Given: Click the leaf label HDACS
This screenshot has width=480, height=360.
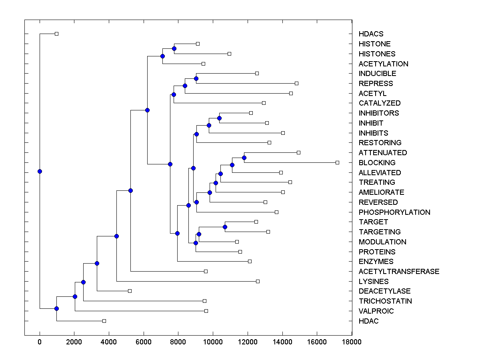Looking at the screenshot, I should click(x=371, y=34).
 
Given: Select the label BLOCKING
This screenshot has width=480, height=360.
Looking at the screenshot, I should click(x=377, y=163).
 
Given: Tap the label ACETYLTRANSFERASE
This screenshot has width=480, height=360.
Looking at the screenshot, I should click(x=399, y=272).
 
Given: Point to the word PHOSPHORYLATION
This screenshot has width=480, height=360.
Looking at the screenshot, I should click(x=394, y=212).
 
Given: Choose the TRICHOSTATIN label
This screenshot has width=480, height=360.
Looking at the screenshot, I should click(x=385, y=301).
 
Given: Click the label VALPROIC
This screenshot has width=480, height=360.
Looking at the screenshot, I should click(x=376, y=311).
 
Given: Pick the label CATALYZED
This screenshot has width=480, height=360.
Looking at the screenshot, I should click(x=380, y=103).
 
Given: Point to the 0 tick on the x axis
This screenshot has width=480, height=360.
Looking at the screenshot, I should click(x=40, y=342).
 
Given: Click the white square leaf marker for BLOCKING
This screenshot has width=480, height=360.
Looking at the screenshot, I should click(x=337, y=162).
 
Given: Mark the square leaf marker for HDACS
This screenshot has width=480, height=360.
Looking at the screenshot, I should click(x=56, y=34).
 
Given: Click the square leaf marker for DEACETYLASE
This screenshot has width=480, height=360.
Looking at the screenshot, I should click(x=130, y=291).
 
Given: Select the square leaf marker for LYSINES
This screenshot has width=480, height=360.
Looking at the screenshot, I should click(x=258, y=281).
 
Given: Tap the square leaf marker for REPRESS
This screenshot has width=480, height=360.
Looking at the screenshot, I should click(x=296, y=83).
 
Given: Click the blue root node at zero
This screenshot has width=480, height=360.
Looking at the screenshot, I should click(x=40, y=171).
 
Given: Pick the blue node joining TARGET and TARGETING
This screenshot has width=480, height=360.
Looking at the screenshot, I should click(x=225, y=227).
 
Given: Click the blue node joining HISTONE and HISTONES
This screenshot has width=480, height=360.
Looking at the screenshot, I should click(x=174, y=48).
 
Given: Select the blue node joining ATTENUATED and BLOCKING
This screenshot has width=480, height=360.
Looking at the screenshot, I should click(x=244, y=158).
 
